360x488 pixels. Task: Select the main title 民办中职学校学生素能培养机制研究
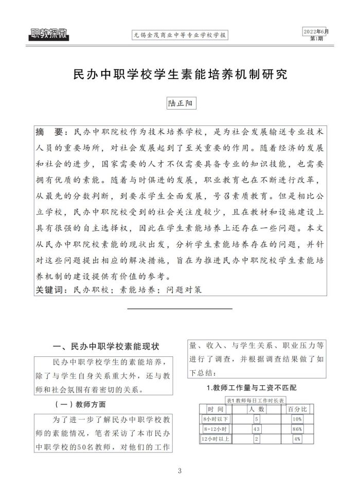coord(179,75)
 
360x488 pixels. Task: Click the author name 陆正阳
coord(179,103)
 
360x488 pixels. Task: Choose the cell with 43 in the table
coord(256,428)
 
